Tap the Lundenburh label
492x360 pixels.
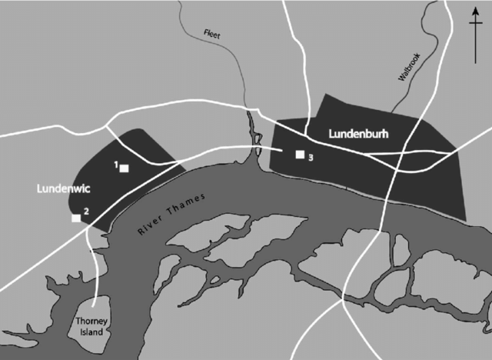point(357,134)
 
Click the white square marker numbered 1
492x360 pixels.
point(123,168)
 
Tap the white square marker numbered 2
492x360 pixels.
point(76,218)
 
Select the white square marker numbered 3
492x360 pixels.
point(300,155)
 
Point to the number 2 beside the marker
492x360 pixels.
point(86,212)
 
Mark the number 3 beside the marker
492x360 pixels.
point(310,158)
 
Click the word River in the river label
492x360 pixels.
point(148,228)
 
